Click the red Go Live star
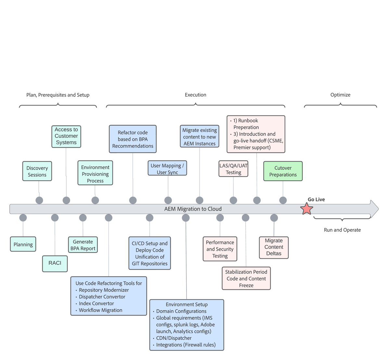(306, 209)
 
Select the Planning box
(23, 244)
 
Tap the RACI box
(55, 263)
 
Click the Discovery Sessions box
(37, 171)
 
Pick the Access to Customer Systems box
(66, 136)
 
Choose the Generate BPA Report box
(83, 245)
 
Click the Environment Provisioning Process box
(95, 174)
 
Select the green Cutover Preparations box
(283, 171)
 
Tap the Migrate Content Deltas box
(274, 247)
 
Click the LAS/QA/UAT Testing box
(233, 169)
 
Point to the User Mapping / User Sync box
(167, 168)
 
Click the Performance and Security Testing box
(220, 249)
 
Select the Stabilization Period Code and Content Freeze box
(246, 278)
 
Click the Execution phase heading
(195, 95)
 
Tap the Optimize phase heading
(340, 95)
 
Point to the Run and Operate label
(342, 230)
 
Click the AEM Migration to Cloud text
(193, 209)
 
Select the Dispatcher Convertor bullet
(102, 297)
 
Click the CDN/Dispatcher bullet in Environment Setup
(174, 338)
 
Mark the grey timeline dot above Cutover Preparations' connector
(283, 200)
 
